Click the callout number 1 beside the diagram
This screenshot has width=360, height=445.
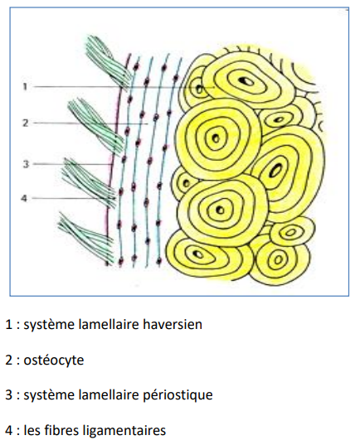(x=25, y=86)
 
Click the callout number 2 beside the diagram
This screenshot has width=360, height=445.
(x=26, y=123)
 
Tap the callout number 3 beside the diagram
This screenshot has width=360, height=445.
(x=26, y=164)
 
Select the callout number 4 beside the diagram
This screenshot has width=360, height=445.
(x=24, y=198)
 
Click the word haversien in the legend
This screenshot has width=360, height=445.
(x=173, y=324)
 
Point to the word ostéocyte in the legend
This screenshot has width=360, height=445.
(x=54, y=360)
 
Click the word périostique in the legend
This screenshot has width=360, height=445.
(x=178, y=395)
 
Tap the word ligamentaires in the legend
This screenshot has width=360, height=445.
(x=124, y=430)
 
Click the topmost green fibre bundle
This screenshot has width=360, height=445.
(x=108, y=61)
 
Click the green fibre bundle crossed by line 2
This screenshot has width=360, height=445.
(x=95, y=125)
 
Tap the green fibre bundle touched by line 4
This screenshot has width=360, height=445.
(x=90, y=183)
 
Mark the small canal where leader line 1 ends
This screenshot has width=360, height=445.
(x=200, y=89)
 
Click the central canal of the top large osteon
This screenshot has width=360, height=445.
(x=245, y=81)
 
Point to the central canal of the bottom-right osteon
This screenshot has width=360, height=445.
(x=278, y=259)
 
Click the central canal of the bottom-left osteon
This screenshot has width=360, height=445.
(x=197, y=254)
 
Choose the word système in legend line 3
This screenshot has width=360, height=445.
(x=49, y=395)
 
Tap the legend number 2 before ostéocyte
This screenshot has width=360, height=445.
(x=9, y=360)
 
